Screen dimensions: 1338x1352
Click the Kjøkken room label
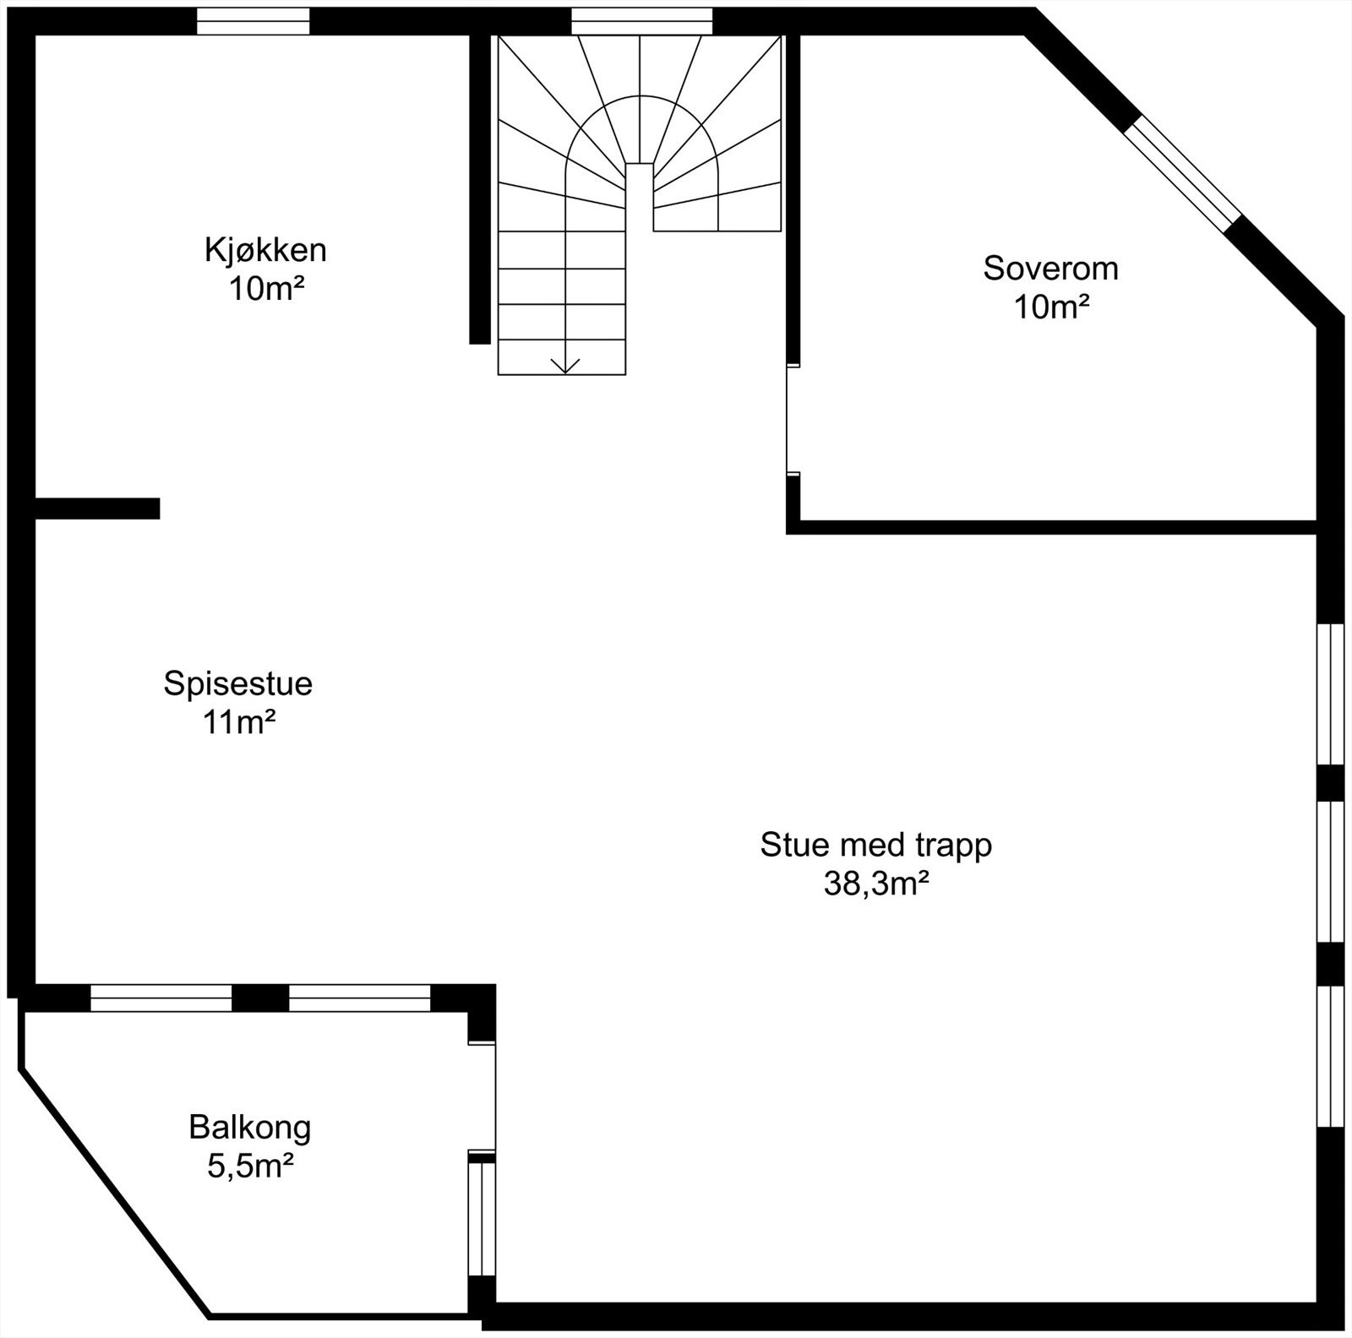click(x=264, y=250)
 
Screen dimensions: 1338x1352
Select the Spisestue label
click(x=237, y=683)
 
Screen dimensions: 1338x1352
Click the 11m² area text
click(x=239, y=723)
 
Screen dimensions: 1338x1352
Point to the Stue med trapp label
click(x=875, y=845)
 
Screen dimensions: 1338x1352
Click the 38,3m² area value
click(x=876, y=884)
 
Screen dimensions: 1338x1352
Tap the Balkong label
click(x=249, y=1127)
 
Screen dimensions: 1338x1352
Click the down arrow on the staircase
click(x=564, y=365)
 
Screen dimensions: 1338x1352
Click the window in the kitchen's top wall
click(x=253, y=21)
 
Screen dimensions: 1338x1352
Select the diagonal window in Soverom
click(x=1183, y=174)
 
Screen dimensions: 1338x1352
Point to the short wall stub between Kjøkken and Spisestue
click(x=97, y=508)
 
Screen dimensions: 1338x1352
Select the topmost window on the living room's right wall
click(x=1330, y=694)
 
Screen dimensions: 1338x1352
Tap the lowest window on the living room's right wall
click(x=1330, y=1056)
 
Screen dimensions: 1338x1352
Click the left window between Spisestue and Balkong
click(x=161, y=998)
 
